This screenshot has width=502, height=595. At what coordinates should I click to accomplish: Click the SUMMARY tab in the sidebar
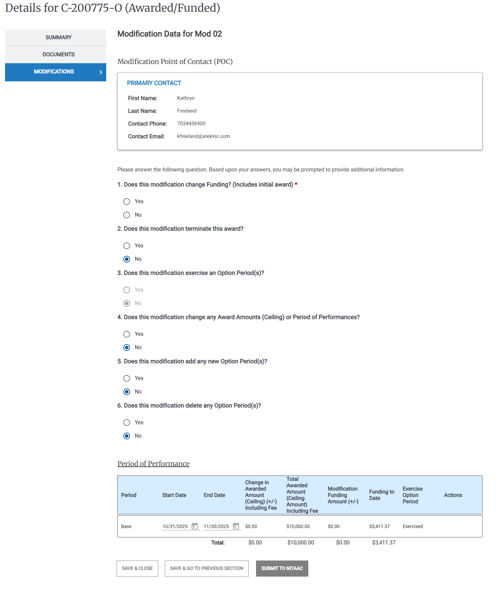pos(58,37)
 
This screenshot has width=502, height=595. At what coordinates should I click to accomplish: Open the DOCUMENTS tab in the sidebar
pos(58,54)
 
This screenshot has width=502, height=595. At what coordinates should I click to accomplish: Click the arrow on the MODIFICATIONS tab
pos(101,72)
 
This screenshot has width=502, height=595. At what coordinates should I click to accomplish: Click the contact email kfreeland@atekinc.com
pos(203,136)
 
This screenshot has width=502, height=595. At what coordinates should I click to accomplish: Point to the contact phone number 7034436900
pos(191,124)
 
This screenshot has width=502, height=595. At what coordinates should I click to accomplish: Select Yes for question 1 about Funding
pos(127,202)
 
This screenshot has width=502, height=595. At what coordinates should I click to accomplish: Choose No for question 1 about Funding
pos(127,215)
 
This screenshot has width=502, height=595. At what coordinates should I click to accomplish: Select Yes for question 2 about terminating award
pos(127,246)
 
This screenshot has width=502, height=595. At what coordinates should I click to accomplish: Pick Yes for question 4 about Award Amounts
pos(127,334)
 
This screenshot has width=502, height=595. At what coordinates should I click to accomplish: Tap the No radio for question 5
pos(127,392)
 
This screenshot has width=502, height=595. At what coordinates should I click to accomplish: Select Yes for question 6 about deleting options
pos(127,423)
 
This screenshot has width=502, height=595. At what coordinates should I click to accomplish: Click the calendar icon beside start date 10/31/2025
pos(195,526)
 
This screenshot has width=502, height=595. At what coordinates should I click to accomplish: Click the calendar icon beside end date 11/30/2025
pos(236,526)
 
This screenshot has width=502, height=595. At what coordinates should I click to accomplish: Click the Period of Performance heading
pos(153,464)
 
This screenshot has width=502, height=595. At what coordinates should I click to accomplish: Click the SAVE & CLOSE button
pos(137,569)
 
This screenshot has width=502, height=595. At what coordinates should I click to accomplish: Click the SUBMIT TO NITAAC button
pos(282,569)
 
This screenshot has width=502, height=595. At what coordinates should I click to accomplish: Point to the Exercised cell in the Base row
pos(413,526)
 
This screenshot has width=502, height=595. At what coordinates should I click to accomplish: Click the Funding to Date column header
pos(381,495)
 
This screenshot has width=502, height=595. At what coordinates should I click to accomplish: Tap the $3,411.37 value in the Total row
pos(384,542)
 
